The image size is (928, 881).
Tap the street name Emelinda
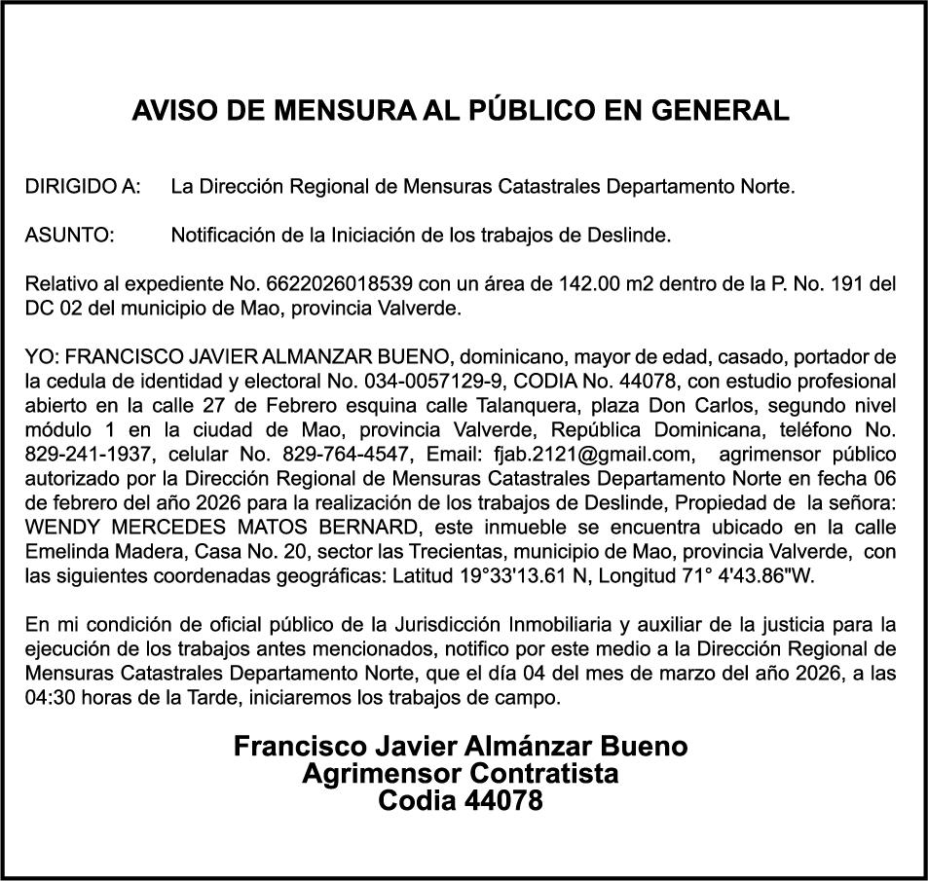click(x=65, y=551)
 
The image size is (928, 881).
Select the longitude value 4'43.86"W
click(x=764, y=575)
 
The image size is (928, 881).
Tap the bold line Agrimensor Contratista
click(x=461, y=775)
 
